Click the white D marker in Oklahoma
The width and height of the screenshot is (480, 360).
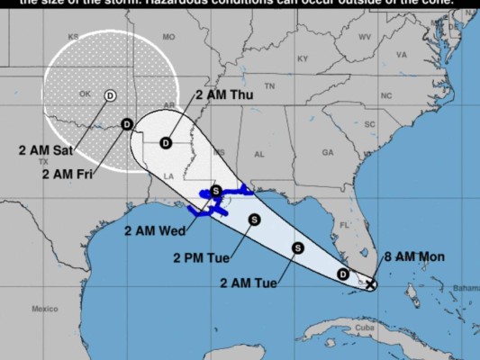click(x=110, y=94)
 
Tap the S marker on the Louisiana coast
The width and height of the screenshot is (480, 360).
click(x=216, y=191)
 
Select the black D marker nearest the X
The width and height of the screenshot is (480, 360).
click(x=342, y=274)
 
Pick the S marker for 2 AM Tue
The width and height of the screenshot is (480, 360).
click(x=298, y=247)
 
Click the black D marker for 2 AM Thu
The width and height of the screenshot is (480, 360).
click(x=166, y=142)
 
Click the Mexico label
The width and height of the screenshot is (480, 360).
click(x=44, y=309)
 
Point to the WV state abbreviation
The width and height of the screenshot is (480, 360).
click(x=365, y=37)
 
